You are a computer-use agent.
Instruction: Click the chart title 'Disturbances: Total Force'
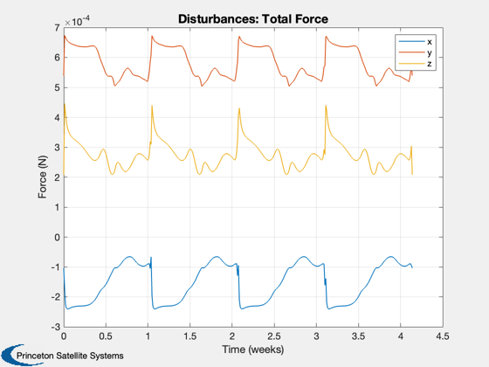point(253,19)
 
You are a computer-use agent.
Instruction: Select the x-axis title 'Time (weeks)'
point(253,350)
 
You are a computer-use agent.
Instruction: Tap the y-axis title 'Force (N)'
point(43,177)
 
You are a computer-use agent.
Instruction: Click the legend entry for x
point(415,42)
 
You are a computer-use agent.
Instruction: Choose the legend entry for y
point(415,52)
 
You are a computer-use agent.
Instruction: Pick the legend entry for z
point(415,64)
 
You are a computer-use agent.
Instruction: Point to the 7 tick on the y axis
point(57,28)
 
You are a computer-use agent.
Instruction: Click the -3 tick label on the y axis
point(56,327)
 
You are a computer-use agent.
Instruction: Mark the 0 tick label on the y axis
point(57,237)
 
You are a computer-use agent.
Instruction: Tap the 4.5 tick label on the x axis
point(443,336)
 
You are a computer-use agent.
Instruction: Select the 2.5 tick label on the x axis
point(274,336)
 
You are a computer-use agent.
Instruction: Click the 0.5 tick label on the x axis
point(106,336)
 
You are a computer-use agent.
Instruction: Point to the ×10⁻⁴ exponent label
point(78,22)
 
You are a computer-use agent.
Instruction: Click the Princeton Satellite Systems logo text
point(70,356)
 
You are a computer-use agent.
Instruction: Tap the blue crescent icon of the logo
point(14,355)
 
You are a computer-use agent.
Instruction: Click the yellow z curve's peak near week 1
point(152,106)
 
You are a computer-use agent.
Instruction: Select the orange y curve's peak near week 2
point(239,36)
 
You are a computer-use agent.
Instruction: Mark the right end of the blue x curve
point(412,267)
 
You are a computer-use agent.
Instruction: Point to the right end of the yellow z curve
point(412,174)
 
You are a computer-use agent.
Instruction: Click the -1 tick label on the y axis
point(56,267)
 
